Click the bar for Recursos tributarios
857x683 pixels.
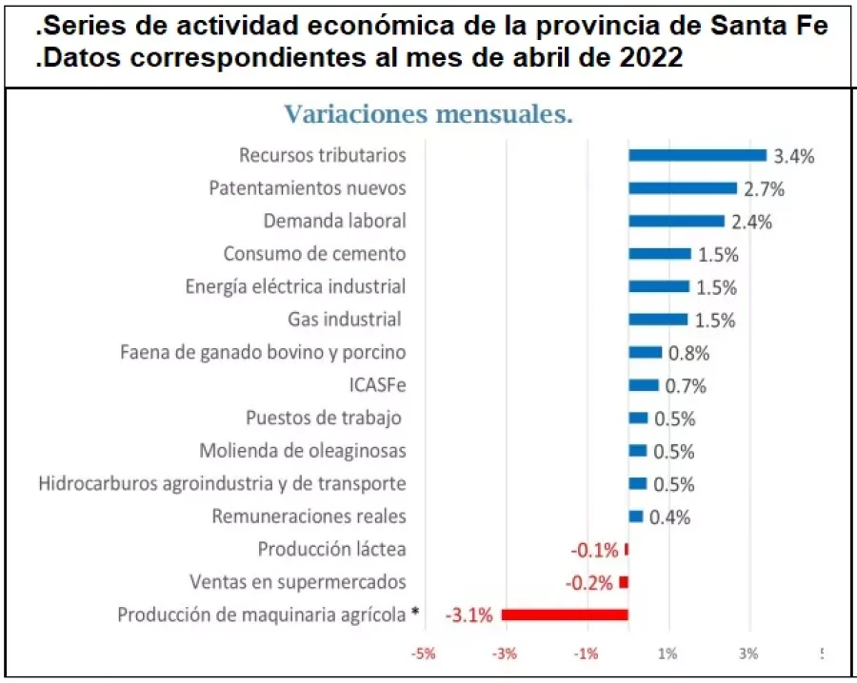tap(697, 155)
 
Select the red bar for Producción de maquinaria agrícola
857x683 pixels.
tap(565, 615)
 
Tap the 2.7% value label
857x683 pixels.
tap(764, 188)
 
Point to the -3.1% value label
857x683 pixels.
tap(469, 615)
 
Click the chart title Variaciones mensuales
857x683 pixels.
tap(428, 115)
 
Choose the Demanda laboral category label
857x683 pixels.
tap(334, 221)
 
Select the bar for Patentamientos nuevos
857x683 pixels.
tap(683, 188)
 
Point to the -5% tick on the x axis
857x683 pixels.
tap(424, 654)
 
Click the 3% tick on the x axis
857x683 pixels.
tap(749, 654)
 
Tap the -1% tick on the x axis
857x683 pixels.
tap(587, 654)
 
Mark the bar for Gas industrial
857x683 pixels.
tap(658, 320)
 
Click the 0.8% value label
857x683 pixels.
tap(688, 353)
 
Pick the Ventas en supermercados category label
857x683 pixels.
tap(297, 581)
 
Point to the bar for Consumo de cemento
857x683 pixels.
tap(660, 254)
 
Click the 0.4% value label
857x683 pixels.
tap(669, 517)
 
